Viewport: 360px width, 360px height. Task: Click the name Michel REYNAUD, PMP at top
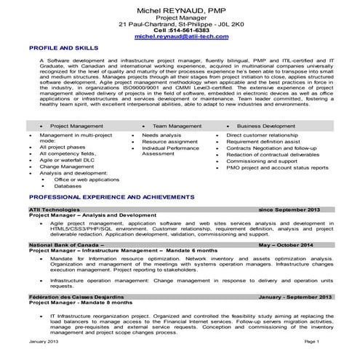click(179, 7)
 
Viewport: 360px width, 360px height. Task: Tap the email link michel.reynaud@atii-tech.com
click(179, 34)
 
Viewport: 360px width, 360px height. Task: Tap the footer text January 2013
click(43, 341)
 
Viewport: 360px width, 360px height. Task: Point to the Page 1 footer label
click(312, 341)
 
